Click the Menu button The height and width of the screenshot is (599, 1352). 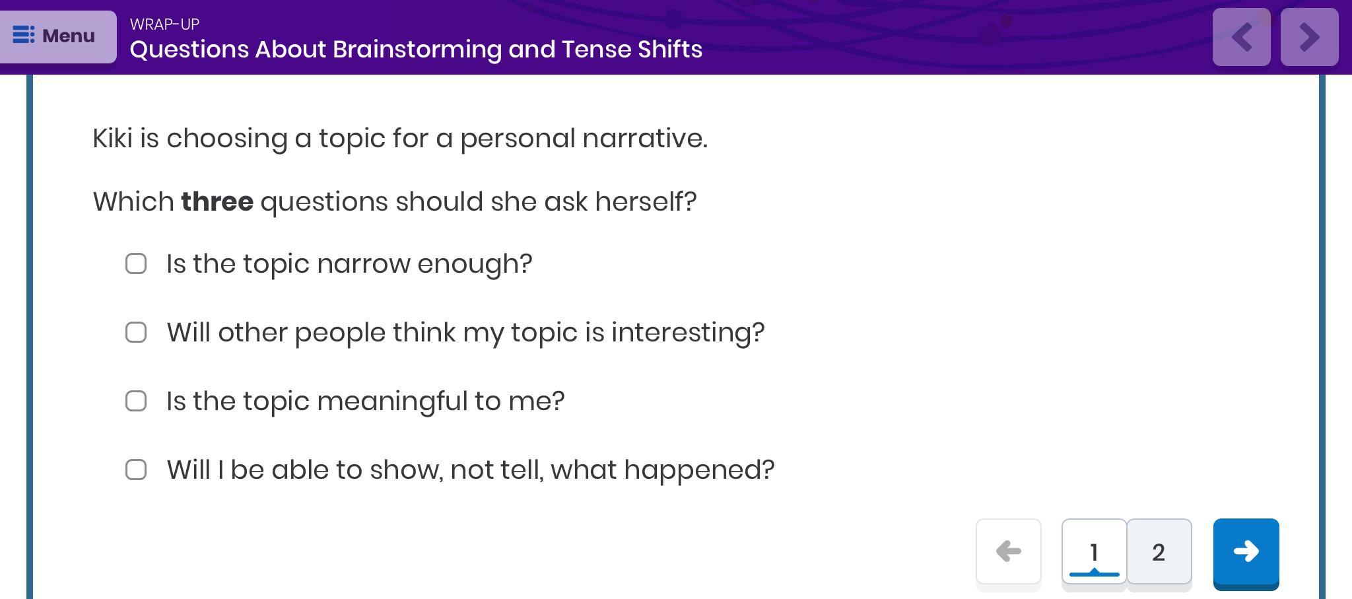(58, 36)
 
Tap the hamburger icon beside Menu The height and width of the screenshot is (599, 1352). (24, 35)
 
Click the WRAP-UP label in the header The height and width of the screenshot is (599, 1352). (164, 24)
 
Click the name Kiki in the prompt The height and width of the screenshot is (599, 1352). (112, 139)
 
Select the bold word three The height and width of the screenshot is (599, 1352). (217, 202)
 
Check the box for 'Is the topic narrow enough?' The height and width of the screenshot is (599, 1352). (136, 264)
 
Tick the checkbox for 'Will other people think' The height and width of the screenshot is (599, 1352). (136, 332)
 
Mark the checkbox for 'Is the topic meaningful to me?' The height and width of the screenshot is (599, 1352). (136, 401)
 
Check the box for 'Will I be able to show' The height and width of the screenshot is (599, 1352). (136, 470)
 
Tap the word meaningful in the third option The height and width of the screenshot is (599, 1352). (392, 402)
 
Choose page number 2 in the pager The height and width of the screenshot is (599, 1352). (1159, 552)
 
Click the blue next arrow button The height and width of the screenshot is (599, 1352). (1246, 553)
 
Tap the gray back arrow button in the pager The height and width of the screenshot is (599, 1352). (1008, 551)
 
